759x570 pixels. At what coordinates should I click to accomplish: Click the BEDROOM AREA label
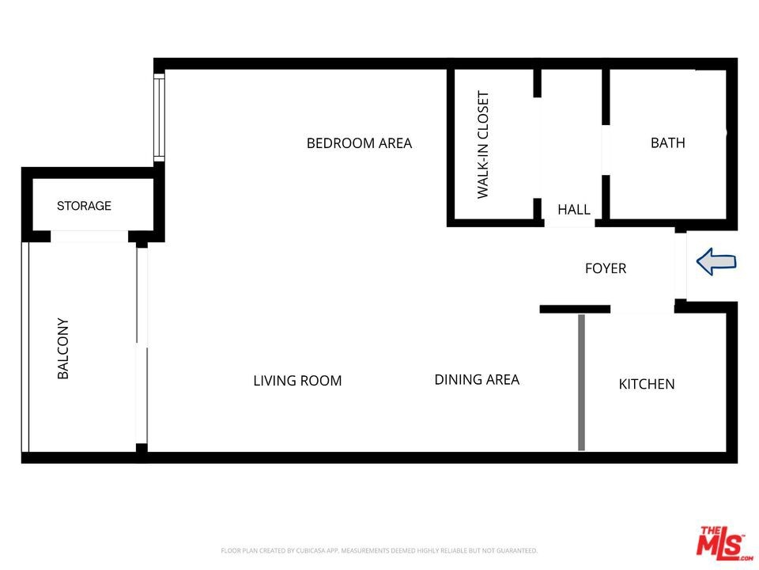pos(359,143)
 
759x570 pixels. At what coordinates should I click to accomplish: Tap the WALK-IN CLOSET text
pos(483,144)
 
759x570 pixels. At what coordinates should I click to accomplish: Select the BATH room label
pos(667,143)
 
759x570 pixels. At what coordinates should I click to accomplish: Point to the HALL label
pos(574,209)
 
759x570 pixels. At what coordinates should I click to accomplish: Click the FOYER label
pos(606,268)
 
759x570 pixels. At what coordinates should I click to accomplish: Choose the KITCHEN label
pos(646,384)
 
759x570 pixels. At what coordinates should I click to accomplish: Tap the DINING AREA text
pos(477,379)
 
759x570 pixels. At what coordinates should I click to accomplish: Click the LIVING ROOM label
pos(297,381)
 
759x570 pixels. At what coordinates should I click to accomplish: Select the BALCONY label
pos(63,348)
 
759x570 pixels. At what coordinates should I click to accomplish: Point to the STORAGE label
pos(84,206)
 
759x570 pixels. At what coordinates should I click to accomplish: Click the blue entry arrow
pos(716,262)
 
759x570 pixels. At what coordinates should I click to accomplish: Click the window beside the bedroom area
pos(159,117)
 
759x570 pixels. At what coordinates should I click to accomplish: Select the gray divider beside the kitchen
pos(581,382)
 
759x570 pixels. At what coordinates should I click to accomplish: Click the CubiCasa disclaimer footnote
pos(379,551)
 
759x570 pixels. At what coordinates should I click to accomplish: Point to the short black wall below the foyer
pos(575,310)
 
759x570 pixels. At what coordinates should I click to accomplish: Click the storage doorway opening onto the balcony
pos(89,236)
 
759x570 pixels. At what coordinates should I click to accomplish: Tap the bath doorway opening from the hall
pos(606,150)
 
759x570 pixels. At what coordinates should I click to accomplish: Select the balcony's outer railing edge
pos(25,347)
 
